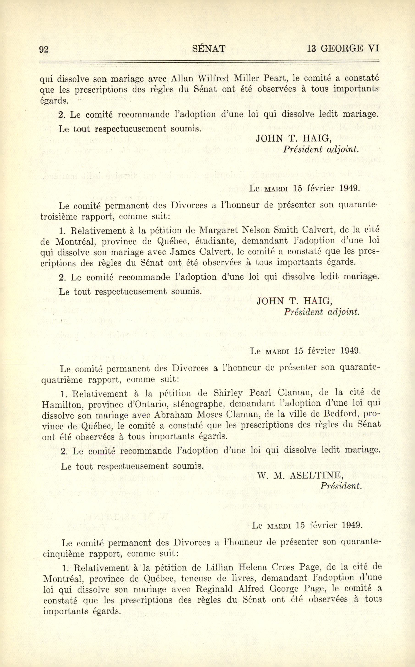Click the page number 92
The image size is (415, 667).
[44, 49]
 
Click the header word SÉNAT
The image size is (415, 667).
[209, 49]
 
